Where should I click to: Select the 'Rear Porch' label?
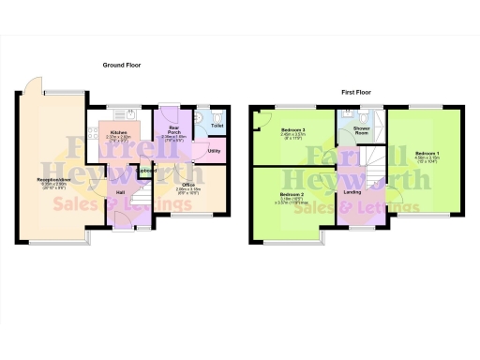pyautogui.click(x=174, y=128)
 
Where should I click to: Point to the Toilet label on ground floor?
pyautogui.click(x=217, y=125)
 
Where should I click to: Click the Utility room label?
pyautogui.click(x=214, y=150)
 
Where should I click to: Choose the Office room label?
pyautogui.click(x=187, y=185)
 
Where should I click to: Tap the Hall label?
pyautogui.click(x=121, y=192)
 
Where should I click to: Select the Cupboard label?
pyautogui.click(x=147, y=171)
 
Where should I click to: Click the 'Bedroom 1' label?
pyautogui.click(x=427, y=152)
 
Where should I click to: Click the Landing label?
pyautogui.click(x=353, y=192)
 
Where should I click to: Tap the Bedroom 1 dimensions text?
pyautogui.click(x=427, y=158)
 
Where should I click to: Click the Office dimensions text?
pyautogui.click(x=187, y=191)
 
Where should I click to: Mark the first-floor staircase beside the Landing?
pyautogui.click(x=375, y=172)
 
